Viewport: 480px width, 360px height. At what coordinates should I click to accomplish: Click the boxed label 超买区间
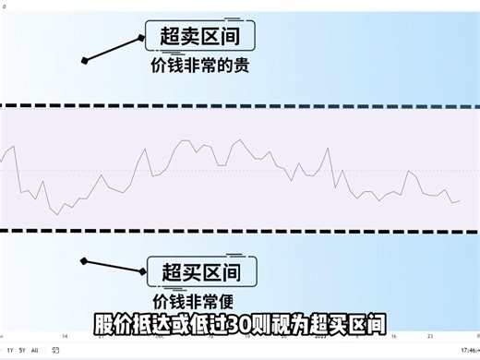click(x=200, y=272)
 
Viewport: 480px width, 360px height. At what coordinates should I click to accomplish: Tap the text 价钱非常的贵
click(x=200, y=66)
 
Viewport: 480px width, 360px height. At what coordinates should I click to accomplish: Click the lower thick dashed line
click(x=240, y=231)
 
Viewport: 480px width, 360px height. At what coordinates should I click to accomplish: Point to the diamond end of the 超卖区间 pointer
click(x=84, y=61)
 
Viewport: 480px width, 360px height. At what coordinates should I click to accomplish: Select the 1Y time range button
click(x=10, y=351)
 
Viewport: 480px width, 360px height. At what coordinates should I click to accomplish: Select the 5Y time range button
click(x=22, y=351)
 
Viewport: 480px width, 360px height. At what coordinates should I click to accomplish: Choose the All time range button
click(x=35, y=351)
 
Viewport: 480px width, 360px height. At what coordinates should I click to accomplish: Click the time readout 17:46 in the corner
click(x=468, y=351)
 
